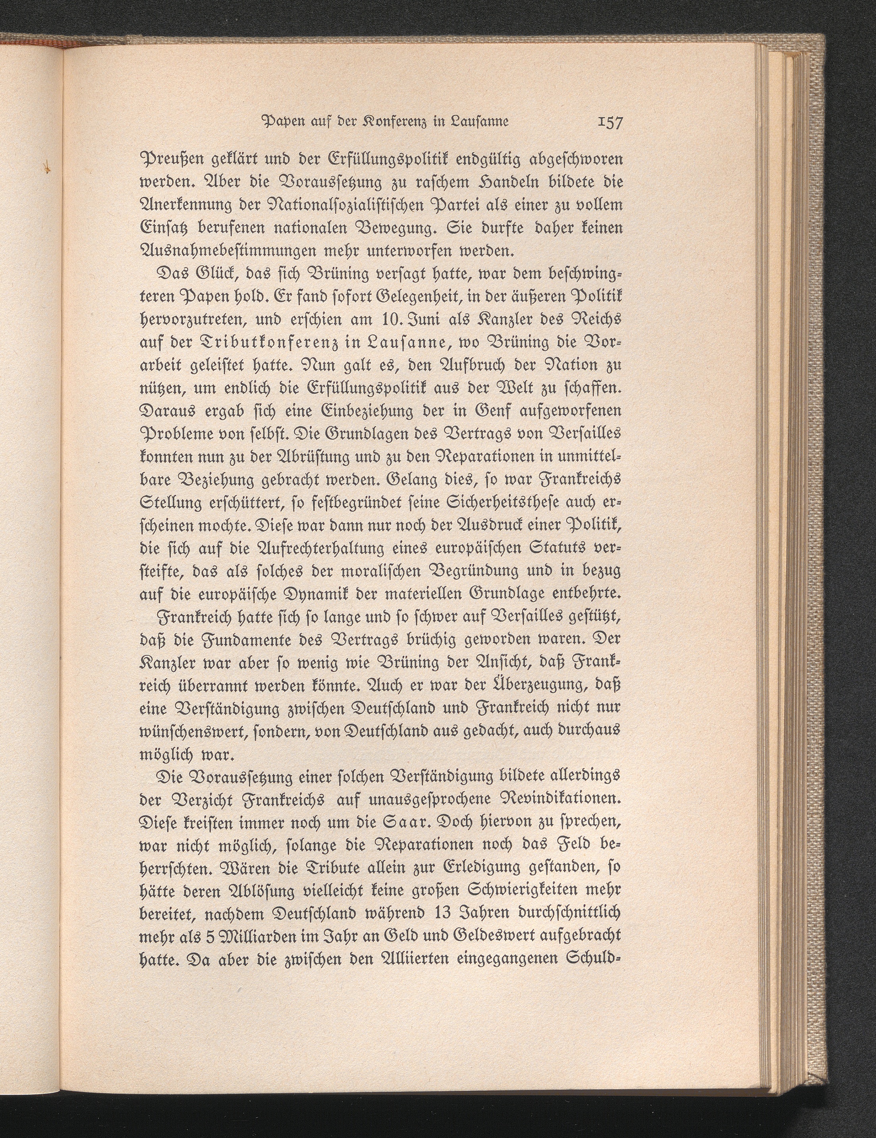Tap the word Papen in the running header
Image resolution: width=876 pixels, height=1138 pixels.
pos(280,137)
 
